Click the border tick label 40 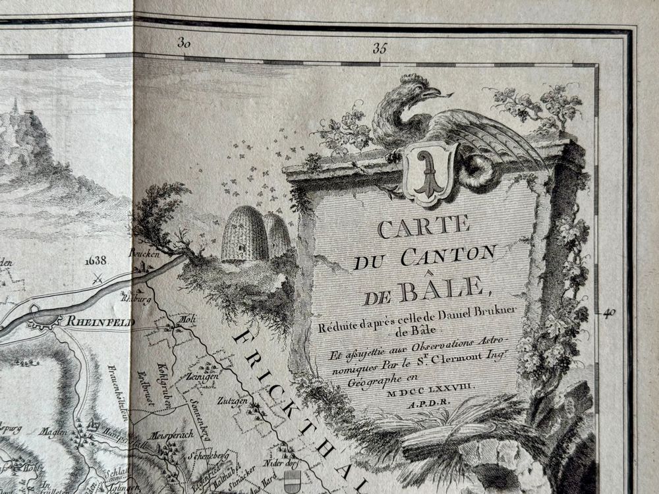609,313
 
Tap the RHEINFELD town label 100,322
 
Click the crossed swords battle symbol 98,278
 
